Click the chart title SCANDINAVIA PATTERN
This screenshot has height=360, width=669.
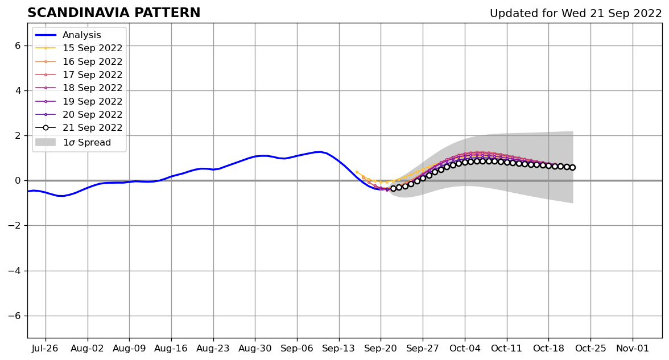114,13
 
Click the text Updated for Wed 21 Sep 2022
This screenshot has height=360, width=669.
576,14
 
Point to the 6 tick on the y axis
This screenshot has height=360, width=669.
18,45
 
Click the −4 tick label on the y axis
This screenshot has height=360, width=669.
15,271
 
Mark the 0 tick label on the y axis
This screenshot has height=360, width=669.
18,181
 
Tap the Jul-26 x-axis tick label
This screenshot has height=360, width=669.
46,348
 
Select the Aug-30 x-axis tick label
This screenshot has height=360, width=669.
255,348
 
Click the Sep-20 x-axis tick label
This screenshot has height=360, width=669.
381,348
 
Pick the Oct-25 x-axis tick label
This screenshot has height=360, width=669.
590,348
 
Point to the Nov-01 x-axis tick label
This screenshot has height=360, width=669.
632,348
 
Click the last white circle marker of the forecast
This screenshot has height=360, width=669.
572,167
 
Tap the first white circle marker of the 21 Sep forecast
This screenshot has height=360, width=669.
393,188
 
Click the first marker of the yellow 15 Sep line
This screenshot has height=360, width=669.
357,172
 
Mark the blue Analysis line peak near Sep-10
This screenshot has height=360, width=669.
320,152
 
